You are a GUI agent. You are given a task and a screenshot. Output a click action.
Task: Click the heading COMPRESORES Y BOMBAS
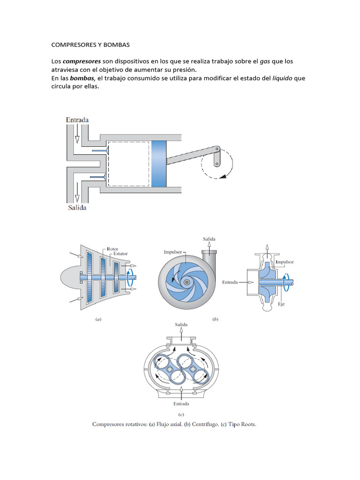pyautogui.click(x=90, y=45)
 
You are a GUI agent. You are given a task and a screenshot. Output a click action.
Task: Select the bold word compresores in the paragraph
pyautogui.click(x=82, y=61)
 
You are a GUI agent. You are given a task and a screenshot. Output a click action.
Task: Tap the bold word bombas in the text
pyautogui.click(x=82, y=78)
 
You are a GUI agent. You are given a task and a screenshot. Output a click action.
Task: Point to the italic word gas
pyautogui.click(x=266, y=61)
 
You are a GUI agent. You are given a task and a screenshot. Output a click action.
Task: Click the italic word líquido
pyautogui.click(x=283, y=78)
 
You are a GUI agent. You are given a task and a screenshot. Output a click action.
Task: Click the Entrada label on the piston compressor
pyautogui.click(x=77, y=120)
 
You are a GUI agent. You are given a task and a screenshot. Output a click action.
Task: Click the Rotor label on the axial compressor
pyautogui.click(x=112, y=249)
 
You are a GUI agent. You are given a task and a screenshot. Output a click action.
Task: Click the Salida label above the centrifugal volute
pyautogui.click(x=209, y=239)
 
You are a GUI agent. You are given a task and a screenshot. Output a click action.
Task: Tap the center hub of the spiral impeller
pyautogui.click(x=187, y=282)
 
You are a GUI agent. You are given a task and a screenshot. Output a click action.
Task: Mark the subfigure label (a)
pyautogui.click(x=98, y=319)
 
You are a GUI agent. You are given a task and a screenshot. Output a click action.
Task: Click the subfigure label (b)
pyautogui.click(x=215, y=319)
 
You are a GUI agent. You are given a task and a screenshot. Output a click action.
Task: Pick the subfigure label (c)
pyautogui.click(x=181, y=414)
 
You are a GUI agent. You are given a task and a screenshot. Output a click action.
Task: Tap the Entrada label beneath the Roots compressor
pyautogui.click(x=181, y=403)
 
